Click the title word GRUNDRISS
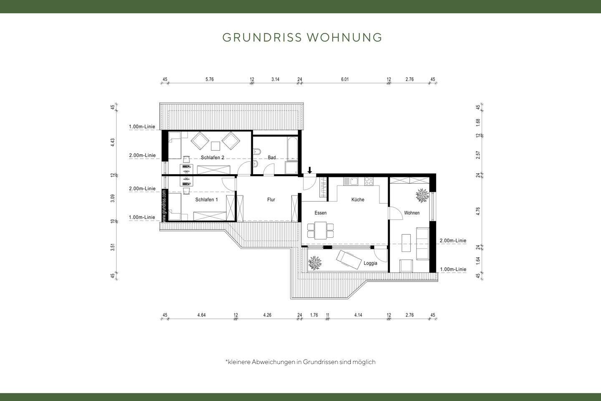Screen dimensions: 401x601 tap(262, 37)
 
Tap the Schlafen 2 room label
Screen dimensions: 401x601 tap(212, 157)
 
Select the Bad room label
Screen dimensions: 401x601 tap(272, 157)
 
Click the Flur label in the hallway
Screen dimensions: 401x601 tap(271, 200)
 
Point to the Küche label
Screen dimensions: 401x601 tap(358, 200)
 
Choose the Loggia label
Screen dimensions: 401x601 tap(370, 263)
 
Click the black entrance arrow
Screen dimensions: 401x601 tap(309, 170)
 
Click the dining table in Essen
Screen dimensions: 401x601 tap(321, 231)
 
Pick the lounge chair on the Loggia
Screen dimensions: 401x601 tap(349, 259)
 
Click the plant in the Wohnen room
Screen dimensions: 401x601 tap(422, 195)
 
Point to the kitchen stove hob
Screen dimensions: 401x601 tap(369, 181)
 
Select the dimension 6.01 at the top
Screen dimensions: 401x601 tap(345, 79)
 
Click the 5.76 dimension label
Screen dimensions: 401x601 tap(209, 79)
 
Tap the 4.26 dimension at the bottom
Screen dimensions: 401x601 tap(267, 315)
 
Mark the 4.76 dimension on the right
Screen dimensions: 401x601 tap(478, 211)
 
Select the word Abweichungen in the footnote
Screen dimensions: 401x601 tap(273, 362)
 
